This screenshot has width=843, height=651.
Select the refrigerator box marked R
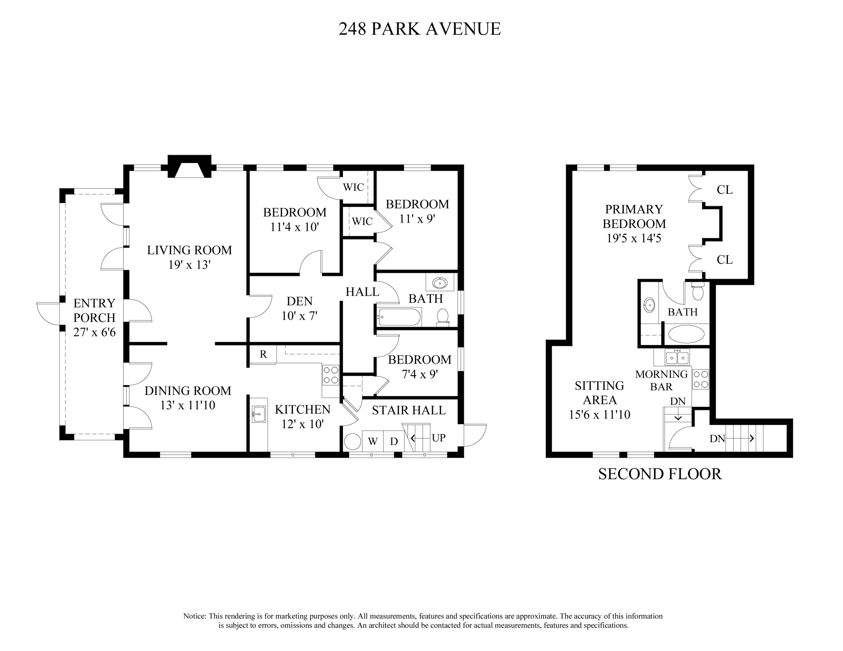(x=263, y=354)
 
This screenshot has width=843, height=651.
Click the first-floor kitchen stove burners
(x=331, y=375)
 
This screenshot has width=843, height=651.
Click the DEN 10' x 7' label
(x=300, y=309)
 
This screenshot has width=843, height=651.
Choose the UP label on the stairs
(x=438, y=438)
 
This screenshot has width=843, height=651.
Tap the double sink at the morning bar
(x=677, y=358)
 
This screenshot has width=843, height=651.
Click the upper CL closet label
(x=724, y=190)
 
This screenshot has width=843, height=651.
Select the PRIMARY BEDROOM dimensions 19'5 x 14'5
(x=634, y=239)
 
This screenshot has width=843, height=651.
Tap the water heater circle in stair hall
(x=352, y=441)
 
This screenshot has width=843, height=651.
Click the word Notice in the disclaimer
(x=194, y=616)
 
